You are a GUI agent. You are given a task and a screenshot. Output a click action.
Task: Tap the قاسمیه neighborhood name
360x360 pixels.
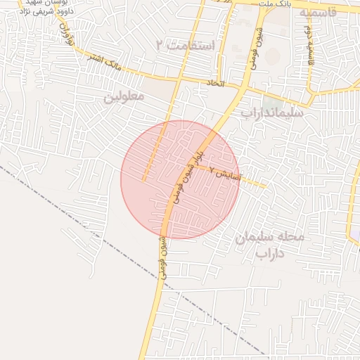point(327,12)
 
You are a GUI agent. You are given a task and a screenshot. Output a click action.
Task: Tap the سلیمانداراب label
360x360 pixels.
point(271,112)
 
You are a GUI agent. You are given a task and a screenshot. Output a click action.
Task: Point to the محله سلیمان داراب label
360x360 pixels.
point(270,245)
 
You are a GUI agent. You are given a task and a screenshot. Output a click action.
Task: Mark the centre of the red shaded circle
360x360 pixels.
point(180,179)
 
